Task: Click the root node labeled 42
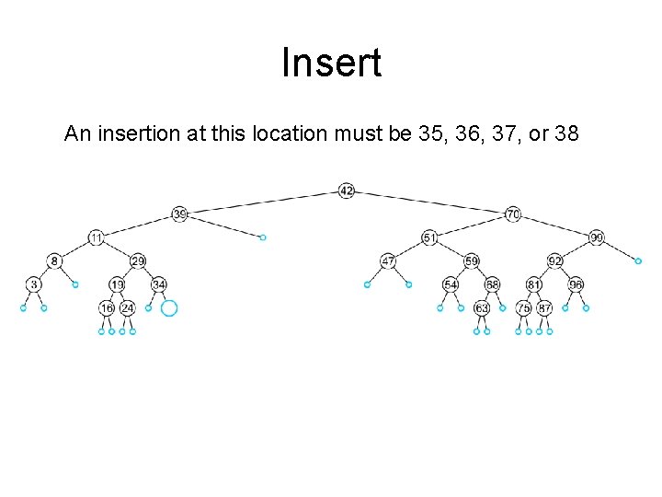(x=346, y=191)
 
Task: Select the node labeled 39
(x=180, y=214)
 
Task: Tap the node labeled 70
(x=513, y=214)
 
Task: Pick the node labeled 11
(x=97, y=237)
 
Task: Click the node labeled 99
(x=597, y=237)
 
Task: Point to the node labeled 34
(x=159, y=283)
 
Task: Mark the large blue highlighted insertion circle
(x=168, y=308)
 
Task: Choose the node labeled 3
(x=33, y=283)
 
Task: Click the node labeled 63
(x=482, y=308)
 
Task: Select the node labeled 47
(x=388, y=261)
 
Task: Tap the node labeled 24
(x=128, y=308)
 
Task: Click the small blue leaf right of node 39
(x=263, y=237)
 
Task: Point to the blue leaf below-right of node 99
(x=638, y=261)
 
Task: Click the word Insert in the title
(x=331, y=64)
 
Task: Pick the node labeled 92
(x=554, y=261)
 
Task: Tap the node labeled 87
(x=544, y=308)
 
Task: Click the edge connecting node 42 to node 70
(x=429, y=202)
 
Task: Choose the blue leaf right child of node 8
(x=75, y=284)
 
